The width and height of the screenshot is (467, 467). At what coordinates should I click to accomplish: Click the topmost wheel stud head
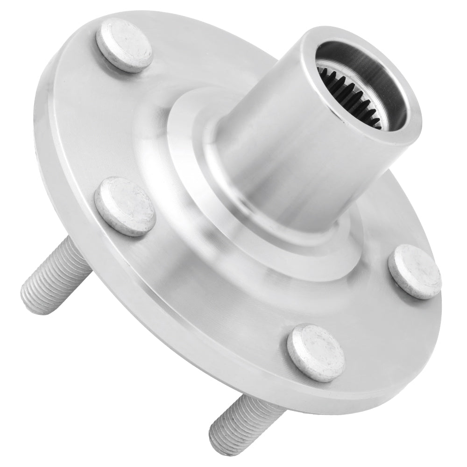(x=125, y=45)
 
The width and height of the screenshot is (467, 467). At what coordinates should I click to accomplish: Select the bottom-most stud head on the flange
(x=316, y=353)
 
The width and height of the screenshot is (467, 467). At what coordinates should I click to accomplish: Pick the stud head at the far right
(x=415, y=272)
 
